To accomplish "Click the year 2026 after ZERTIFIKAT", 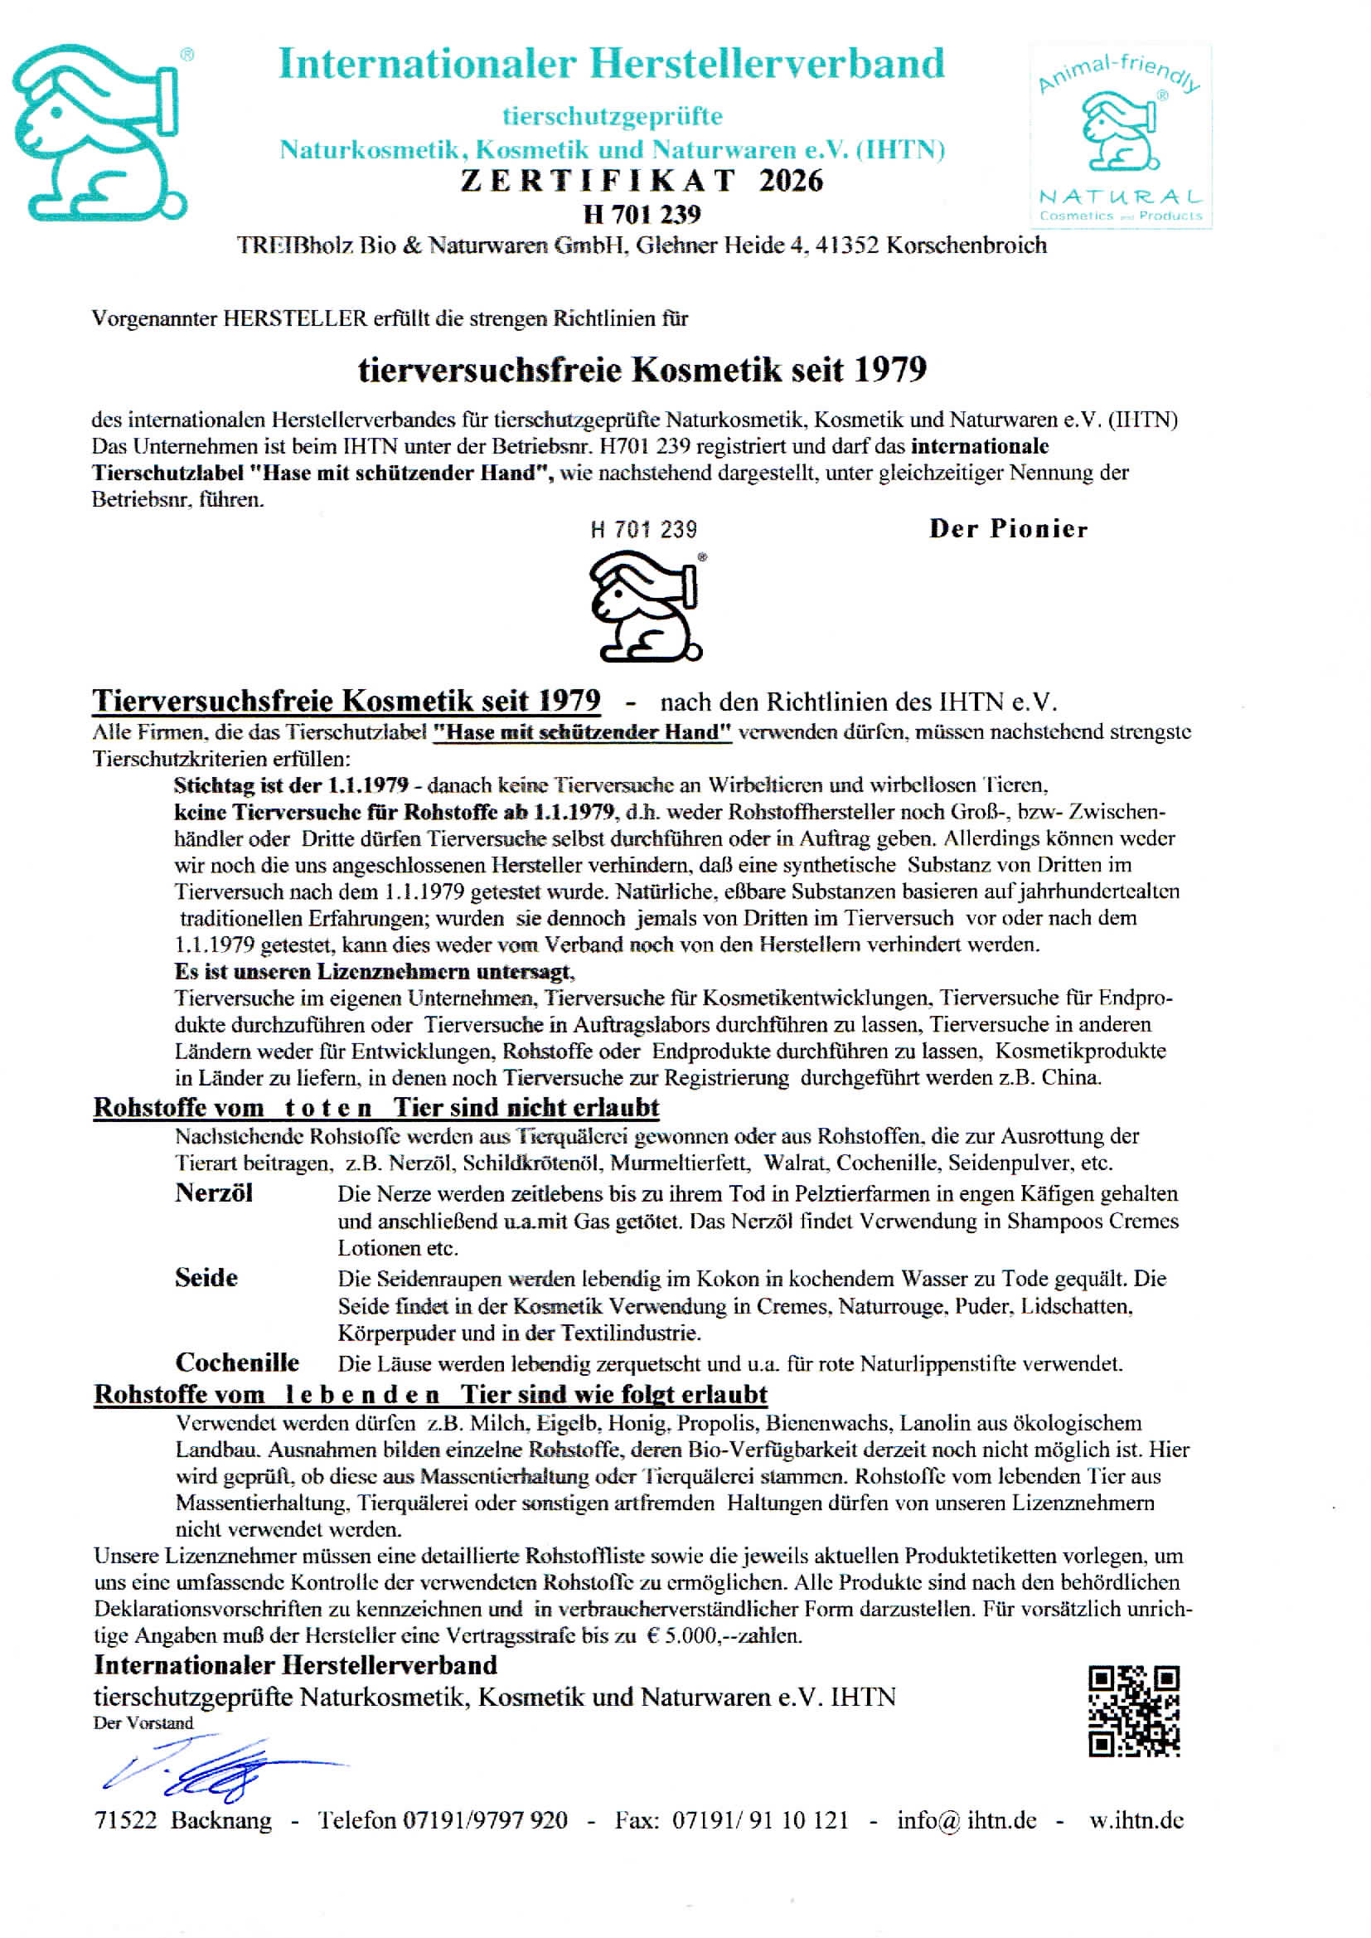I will (x=790, y=181).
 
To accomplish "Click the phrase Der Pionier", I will (x=1008, y=528).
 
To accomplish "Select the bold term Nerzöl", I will (x=214, y=1193).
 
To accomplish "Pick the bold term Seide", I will (x=206, y=1278).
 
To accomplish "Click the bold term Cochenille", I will (x=237, y=1362).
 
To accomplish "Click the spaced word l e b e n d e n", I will (x=362, y=1394).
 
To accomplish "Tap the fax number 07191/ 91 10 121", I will (x=760, y=1819).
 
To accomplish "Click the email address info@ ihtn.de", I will (x=966, y=1819).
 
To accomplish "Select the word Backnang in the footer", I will (x=221, y=1819).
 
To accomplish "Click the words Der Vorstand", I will (x=143, y=1722).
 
